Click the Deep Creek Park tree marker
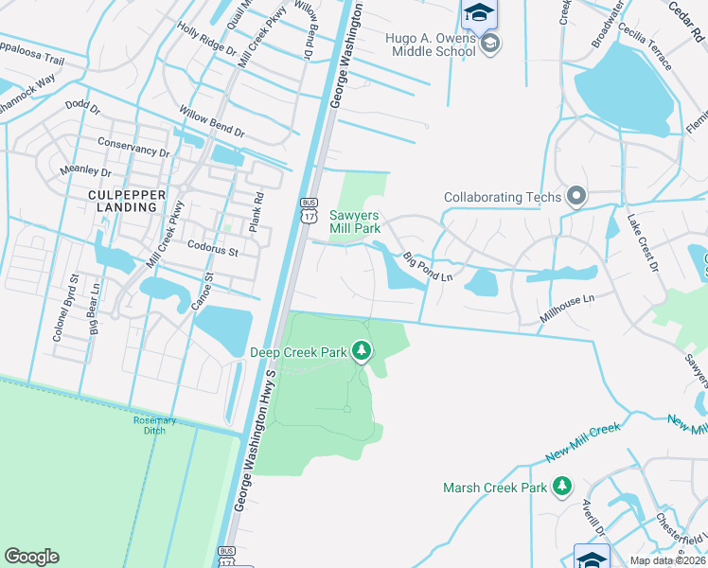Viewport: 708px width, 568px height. coord(361,352)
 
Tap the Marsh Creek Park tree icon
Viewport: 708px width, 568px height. coord(562,488)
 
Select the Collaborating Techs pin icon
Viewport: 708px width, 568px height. coord(576,197)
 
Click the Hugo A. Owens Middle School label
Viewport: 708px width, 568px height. coord(417,45)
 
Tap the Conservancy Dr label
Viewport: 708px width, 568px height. coord(134,147)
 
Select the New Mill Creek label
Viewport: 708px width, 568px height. coord(583,442)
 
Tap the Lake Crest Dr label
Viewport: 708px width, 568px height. coord(641,242)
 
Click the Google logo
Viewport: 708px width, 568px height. coord(31,557)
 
